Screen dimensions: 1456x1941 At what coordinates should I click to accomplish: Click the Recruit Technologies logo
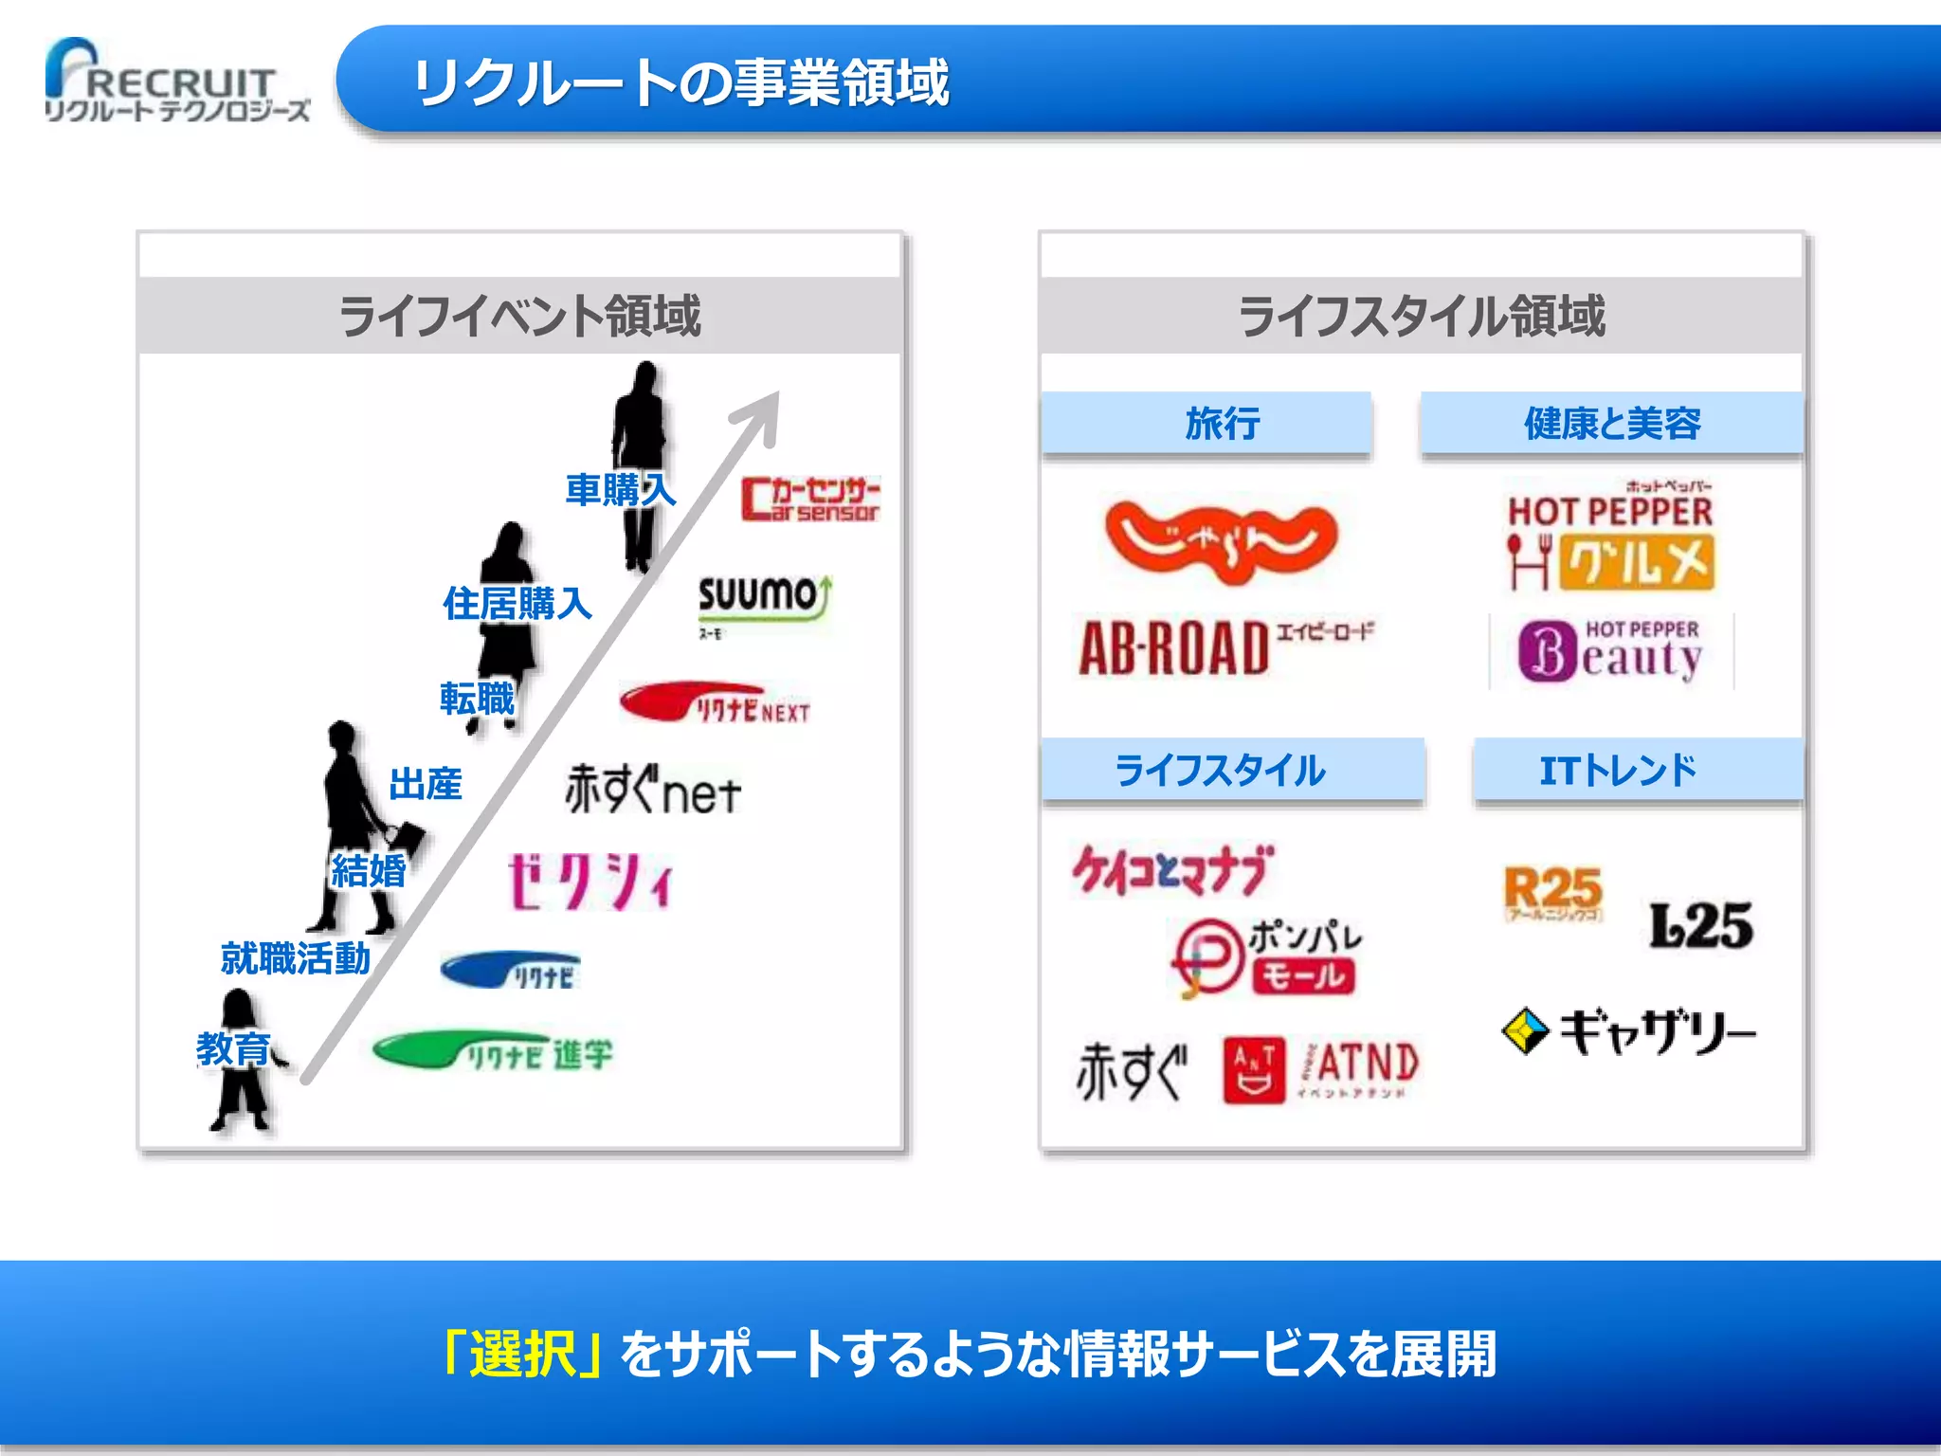[x=176, y=83]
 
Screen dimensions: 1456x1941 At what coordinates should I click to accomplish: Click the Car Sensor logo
[x=810, y=500]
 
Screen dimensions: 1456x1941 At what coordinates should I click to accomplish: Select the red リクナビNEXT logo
[x=717, y=703]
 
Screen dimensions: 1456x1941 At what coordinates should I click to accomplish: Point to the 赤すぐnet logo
[x=652, y=791]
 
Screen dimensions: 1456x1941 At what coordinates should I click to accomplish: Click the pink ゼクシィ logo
[x=590, y=882]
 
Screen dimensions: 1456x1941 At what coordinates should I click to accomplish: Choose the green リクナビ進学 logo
[x=494, y=1051]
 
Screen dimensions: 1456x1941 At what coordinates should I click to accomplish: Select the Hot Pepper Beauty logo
[x=1611, y=651]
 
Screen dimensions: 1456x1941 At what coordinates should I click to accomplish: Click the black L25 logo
[x=1701, y=925]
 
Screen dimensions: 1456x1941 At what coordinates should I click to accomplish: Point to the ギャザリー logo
[x=1628, y=1031]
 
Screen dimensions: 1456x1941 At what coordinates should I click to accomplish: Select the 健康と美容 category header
[x=1611, y=424]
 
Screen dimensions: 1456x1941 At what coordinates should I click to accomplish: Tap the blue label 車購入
[x=620, y=490]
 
